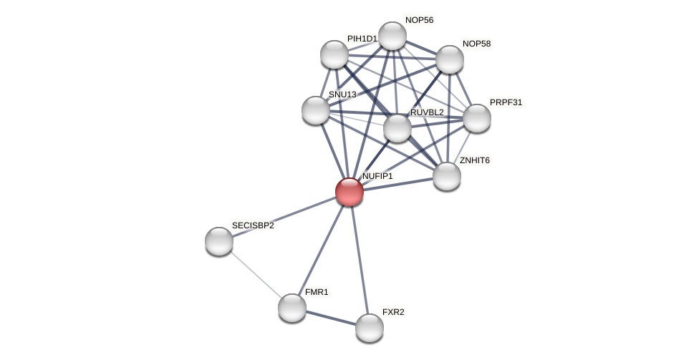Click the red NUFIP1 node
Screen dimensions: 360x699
349,192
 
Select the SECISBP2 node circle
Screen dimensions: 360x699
219,241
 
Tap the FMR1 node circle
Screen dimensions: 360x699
292,308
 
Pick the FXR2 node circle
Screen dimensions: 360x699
370,328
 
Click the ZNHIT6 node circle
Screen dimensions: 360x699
447,176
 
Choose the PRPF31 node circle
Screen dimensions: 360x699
477,118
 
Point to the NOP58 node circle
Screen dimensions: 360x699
450,59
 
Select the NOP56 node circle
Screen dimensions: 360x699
392,36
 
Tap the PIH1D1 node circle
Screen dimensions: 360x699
334,54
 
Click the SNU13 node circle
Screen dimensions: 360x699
316,110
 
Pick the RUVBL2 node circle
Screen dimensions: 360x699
397,128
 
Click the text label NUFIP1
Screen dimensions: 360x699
377,176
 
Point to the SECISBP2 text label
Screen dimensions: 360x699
253,225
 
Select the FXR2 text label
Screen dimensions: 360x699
393,312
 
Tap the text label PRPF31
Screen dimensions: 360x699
506,102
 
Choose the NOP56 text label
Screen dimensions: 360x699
419,20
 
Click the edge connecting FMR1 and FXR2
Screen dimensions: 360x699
331,318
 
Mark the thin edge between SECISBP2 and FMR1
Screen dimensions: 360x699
256,275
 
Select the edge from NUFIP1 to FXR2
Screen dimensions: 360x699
360,260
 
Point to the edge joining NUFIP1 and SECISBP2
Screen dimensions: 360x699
284,216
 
